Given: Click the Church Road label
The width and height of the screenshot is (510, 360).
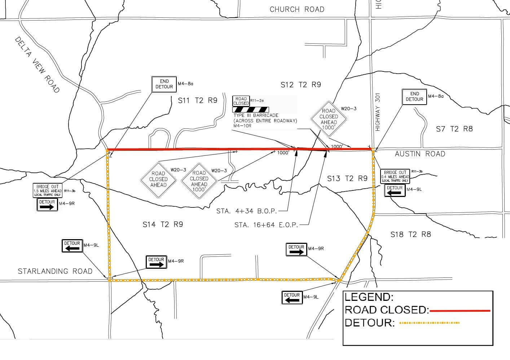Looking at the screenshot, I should [x=297, y=9].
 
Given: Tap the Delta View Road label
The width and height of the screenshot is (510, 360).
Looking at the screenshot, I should [x=37, y=65].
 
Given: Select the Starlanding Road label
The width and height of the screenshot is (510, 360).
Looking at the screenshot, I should [x=55, y=271].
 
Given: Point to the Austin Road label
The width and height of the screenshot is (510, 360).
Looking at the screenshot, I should [x=420, y=154].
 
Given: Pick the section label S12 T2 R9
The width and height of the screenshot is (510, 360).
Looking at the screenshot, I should [x=300, y=85].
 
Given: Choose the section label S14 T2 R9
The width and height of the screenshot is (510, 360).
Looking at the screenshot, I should [x=163, y=224].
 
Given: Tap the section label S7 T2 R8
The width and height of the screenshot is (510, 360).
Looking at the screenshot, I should [x=454, y=129].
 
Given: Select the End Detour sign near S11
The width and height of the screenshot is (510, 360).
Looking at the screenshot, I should [x=164, y=84].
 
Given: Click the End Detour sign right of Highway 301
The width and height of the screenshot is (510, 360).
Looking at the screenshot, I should [x=414, y=97].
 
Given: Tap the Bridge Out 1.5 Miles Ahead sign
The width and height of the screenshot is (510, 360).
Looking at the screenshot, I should [x=48, y=190].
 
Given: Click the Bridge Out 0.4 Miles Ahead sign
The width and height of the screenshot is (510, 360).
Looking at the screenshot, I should [x=395, y=176].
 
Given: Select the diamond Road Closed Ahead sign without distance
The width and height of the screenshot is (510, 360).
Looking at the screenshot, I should [x=158, y=179].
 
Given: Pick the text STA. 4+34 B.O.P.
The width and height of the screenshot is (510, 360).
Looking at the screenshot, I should [x=247, y=211].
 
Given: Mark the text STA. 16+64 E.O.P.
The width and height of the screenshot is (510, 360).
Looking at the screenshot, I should [x=266, y=225].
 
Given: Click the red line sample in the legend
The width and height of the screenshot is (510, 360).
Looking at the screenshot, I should [x=460, y=310].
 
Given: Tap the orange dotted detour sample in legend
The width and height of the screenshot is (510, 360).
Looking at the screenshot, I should [x=429, y=323].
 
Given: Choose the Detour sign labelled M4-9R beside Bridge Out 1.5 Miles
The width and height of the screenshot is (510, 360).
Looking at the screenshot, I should [x=47, y=205].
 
